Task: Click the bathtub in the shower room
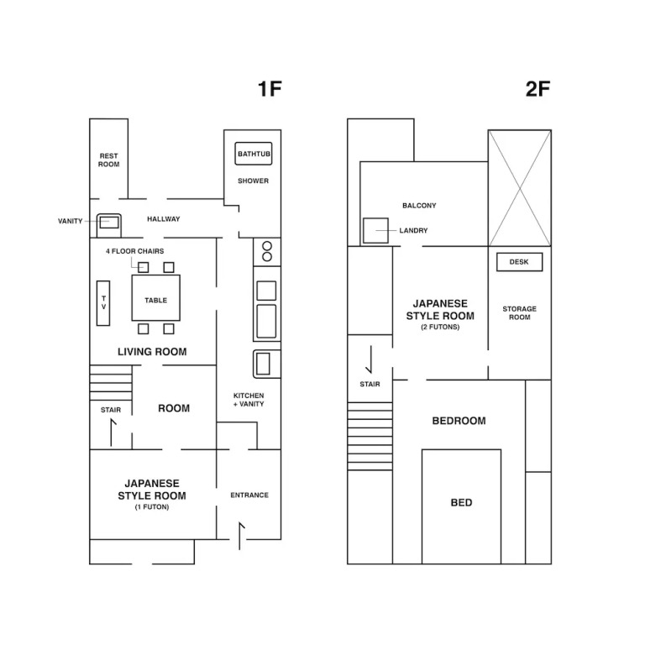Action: pos(254,154)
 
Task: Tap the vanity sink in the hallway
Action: pos(109,225)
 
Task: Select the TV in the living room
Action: pos(103,303)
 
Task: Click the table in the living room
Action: pos(156,298)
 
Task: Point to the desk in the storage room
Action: pos(520,262)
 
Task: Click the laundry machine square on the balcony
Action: pos(375,230)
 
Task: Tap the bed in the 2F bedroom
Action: pos(462,506)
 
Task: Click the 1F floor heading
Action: pos(270,89)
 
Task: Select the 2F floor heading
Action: pos(538,89)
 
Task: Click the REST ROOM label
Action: pos(108,160)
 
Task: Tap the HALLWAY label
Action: pos(164,219)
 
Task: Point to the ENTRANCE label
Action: pos(249,495)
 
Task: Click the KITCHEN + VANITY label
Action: pos(249,400)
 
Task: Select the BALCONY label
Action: pos(419,205)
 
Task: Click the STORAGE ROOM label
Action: pos(520,313)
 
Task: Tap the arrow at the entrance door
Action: pos(240,536)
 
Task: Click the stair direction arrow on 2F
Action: pos(370,359)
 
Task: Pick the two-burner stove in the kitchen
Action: pos(267,251)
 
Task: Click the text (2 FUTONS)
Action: pos(440,327)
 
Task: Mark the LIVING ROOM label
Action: pos(152,352)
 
